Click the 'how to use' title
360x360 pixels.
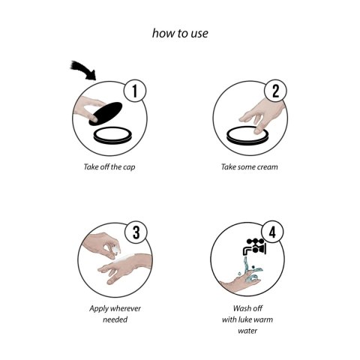click(180, 33)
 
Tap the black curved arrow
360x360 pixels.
click(84, 70)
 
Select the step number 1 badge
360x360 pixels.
click(135, 91)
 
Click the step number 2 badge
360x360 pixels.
click(275, 91)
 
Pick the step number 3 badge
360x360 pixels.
click(136, 232)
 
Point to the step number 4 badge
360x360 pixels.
click(272, 232)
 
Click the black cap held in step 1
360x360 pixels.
click(106, 113)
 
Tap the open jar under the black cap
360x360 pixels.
click(112, 136)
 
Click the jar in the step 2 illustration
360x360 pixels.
click(247, 135)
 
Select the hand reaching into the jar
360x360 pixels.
click(262, 115)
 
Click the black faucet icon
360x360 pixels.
click(254, 247)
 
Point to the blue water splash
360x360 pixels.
click(250, 271)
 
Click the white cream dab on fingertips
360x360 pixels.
click(116, 249)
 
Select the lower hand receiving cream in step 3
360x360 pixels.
click(125, 268)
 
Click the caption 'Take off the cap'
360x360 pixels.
click(109, 166)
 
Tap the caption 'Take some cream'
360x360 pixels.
click(249, 166)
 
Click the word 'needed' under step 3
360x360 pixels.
click(115, 319)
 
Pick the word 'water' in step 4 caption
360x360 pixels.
click(247, 331)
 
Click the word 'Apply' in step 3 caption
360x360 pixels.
click(99, 309)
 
